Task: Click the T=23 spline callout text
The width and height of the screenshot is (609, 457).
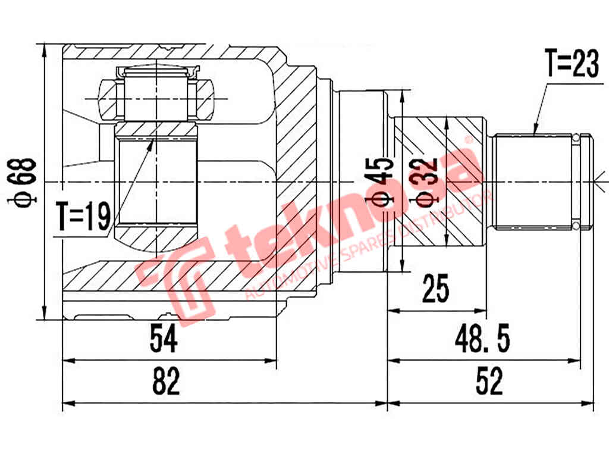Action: pyautogui.click(x=571, y=64)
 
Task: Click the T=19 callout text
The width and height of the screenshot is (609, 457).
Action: pyautogui.click(x=83, y=217)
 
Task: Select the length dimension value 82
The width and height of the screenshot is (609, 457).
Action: pyautogui.click(x=166, y=383)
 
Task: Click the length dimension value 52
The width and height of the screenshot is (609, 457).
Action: pyautogui.click(x=489, y=383)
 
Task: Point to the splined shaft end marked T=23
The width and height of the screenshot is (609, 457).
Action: pyautogui.click(x=535, y=181)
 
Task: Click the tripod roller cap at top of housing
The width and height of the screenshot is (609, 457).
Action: pyautogui.click(x=156, y=73)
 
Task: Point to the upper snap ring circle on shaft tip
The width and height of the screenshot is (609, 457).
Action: pyautogui.click(x=576, y=139)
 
